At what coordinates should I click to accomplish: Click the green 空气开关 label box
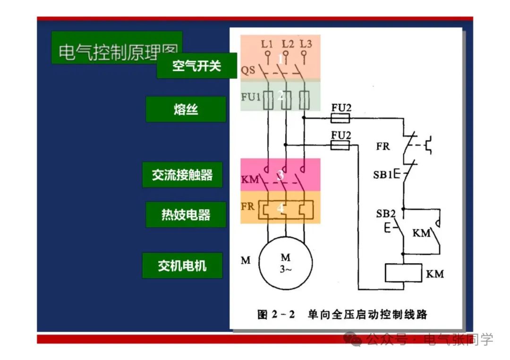pos(196,66)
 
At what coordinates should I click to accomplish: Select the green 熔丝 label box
pos(186,109)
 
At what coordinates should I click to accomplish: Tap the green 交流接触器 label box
pos(182,175)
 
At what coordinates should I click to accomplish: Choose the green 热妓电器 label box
pos(186,215)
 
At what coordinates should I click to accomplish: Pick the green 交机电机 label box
pos(182,265)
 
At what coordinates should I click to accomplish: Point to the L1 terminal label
pos(267,44)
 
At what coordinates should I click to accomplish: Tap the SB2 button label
pos(386,213)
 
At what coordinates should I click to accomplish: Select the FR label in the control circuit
pos(383,146)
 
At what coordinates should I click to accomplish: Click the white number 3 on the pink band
pos(280,175)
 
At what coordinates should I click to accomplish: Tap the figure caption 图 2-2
pos(276,314)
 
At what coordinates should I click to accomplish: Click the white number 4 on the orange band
pos(280,208)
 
